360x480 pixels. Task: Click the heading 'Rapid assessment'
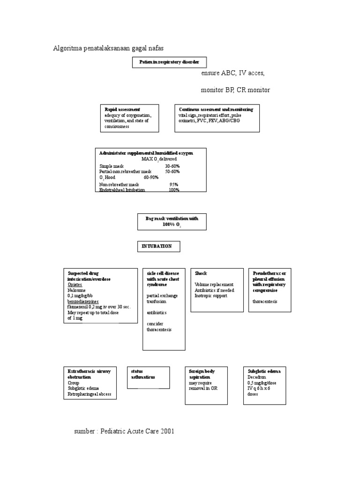tap(122, 109)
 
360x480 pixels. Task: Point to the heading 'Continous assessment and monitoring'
tap(216, 109)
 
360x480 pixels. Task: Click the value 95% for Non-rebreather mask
tap(174, 185)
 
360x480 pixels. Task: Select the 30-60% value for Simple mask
tap(172, 166)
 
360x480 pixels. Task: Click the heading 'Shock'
tap(201, 273)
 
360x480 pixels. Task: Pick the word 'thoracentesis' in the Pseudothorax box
tap(265, 301)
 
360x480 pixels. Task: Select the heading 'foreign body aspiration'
tap(202, 374)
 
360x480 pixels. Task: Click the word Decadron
tap(256, 377)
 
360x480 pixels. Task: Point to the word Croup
tap(73, 382)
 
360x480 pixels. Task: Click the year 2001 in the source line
tap(166, 431)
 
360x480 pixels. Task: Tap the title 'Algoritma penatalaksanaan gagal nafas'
tap(108, 48)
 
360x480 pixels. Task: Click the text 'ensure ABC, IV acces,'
tap(232, 74)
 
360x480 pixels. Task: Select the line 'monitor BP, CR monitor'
tap(235, 90)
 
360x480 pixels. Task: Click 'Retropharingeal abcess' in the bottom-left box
tap(89, 394)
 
